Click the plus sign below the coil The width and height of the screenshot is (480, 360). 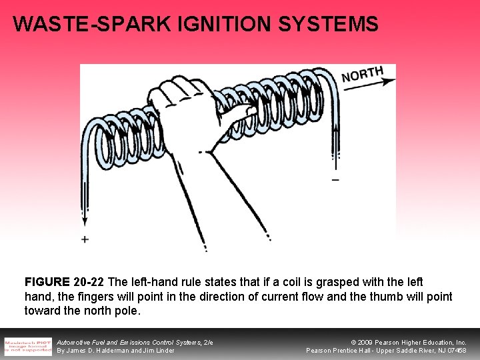pos(85,239)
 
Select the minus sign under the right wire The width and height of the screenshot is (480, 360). pos(335,180)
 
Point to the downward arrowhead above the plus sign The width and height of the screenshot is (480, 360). pos(85,221)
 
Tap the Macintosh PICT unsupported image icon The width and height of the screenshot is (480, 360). pos(28,346)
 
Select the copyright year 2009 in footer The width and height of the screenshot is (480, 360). pos(367,342)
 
